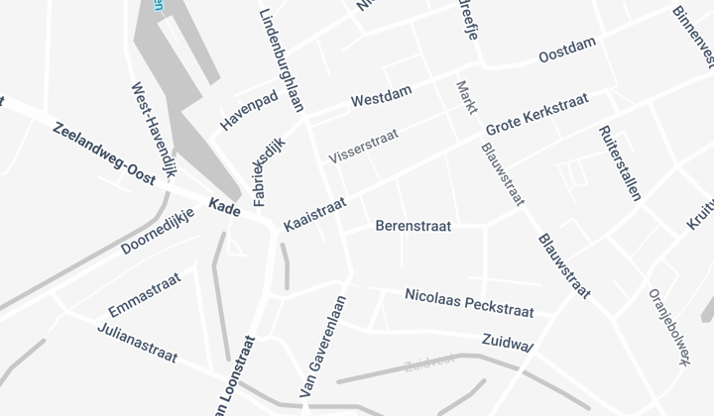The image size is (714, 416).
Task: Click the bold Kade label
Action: pos(224,206)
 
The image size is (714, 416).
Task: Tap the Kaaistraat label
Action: pos(314,214)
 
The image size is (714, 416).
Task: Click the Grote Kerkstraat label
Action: pos(536,116)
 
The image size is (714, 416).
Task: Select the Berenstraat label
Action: pos(414,226)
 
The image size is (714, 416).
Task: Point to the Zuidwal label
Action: pos(508,342)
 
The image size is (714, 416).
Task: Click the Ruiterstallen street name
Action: pos(620,162)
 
